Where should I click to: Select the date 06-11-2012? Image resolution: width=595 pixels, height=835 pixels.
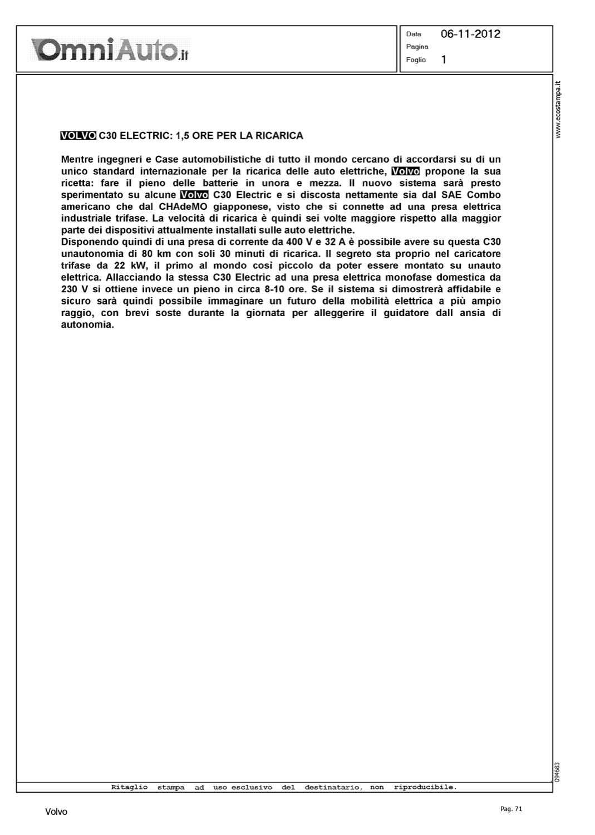(470, 34)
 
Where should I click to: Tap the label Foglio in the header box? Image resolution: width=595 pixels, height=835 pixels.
(416, 60)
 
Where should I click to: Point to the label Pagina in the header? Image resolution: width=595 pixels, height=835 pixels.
(417, 47)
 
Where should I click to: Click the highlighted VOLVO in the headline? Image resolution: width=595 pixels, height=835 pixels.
(78, 136)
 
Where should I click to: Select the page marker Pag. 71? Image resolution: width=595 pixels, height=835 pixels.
(511, 809)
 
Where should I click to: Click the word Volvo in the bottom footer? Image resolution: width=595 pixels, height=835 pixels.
(56, 812)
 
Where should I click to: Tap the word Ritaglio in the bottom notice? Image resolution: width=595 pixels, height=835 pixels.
(129, 787)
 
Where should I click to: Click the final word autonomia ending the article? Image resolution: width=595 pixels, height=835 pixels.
(87, 325)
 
